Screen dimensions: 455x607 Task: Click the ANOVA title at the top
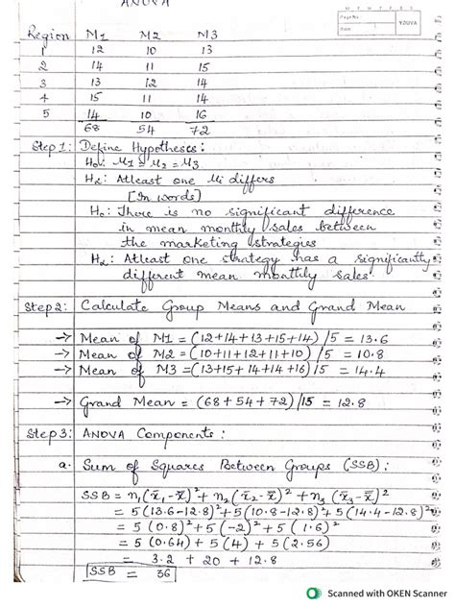tap(143, 7)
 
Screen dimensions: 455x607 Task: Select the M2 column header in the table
tap(150, 34)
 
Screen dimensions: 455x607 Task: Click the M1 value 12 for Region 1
tap(96, 49)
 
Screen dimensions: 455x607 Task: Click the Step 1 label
tap(47, 149)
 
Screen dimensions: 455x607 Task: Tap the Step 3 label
tap(47, 433)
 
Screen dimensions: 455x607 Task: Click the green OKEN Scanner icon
tap(313, 594)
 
